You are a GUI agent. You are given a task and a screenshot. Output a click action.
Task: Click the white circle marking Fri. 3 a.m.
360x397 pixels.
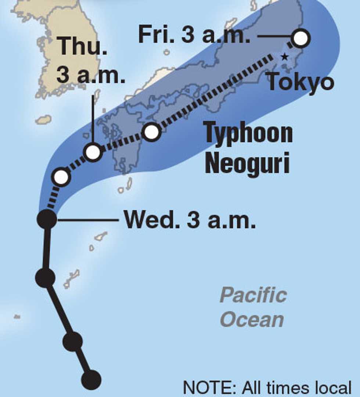click(300, 38)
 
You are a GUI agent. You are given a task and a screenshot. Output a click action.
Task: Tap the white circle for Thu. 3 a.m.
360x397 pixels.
click(93, 152)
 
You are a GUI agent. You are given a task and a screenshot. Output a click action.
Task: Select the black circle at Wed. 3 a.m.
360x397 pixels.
click(47, 219)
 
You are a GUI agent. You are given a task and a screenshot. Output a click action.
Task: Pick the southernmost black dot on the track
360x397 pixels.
click(91, 380)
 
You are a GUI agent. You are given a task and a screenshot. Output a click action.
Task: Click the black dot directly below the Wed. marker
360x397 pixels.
click(45, 278)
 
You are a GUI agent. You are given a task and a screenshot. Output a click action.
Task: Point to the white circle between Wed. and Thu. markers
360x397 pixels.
click(61, 177)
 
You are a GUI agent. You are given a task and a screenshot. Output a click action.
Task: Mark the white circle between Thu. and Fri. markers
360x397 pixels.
click(152, 132)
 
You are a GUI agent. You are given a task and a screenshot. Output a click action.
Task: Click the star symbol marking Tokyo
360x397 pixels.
click(284, 57)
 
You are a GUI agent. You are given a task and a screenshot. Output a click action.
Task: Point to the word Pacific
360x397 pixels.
click(253, 296)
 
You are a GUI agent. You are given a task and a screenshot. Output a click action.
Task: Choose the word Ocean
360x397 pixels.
click(252, 320)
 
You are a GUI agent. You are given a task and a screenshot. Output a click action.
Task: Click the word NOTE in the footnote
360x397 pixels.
click(209, 388)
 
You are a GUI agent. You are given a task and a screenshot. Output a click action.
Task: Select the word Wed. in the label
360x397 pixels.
click(151, 220)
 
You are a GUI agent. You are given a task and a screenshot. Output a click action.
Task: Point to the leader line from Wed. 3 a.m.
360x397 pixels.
click(88, 220)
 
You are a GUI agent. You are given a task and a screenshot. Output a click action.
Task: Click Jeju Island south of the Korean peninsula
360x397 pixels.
click(43, 120)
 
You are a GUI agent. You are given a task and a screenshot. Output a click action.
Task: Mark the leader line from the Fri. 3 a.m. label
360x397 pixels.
click(274, 36)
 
